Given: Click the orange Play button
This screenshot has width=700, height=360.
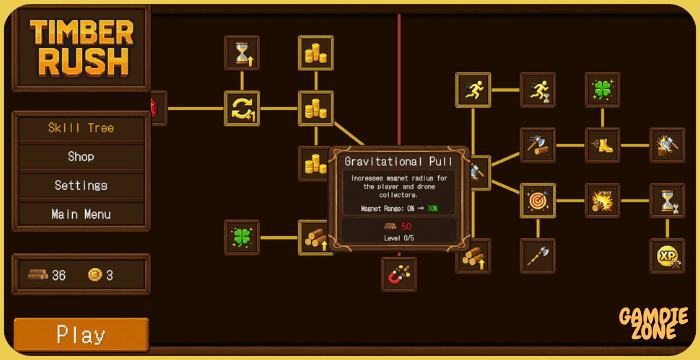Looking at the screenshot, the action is coord(81,334).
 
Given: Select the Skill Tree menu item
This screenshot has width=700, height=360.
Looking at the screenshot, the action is coord(81,128).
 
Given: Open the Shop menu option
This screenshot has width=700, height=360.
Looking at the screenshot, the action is coord(81,157).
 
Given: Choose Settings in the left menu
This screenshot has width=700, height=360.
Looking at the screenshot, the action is coord(81,185).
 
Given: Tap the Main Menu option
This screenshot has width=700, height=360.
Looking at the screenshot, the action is coord(81,214).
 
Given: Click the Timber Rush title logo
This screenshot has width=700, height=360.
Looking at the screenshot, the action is coord(80,47).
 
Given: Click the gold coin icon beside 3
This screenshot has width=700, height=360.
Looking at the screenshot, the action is coord(95,275).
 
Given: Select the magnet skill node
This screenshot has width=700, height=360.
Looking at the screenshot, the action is coord(398,273).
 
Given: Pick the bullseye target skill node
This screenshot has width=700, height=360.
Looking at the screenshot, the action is coord(538,200).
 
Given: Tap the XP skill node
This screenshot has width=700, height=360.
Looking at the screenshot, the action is coord(666,255).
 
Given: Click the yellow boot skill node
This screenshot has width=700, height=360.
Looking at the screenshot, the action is coord(603,145).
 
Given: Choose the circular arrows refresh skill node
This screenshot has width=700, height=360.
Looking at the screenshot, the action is coord(242,108).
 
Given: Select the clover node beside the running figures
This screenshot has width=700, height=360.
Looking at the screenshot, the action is coord(603,89).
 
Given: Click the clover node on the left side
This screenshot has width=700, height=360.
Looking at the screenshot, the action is coord(242,237).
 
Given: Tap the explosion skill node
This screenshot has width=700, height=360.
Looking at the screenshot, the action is coord(603,200).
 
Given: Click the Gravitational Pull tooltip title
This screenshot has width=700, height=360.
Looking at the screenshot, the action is coord(399,161).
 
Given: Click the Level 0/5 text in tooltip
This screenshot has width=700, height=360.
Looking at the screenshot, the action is coord(399,239).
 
